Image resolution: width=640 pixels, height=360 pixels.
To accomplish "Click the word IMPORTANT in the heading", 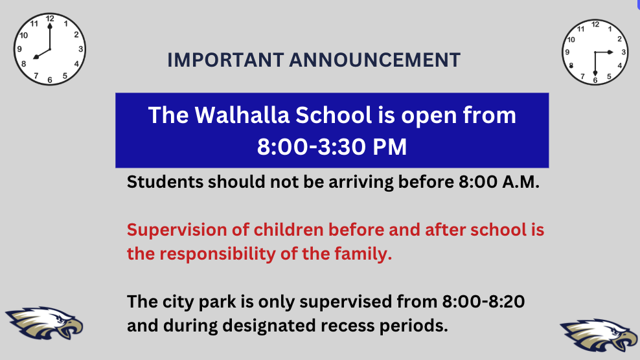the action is pyautogui.click(x=225, y=60).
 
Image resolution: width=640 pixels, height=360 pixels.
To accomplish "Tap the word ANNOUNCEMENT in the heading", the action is pyautogui.click(x=374, y=60).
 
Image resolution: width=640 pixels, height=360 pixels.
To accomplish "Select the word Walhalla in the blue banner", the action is pyautogui.click(x=242, y=115).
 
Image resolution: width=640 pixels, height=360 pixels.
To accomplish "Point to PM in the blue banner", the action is pyautogui.click(x=390, y=147).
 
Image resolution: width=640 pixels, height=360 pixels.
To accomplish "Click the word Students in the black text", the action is pyautogui.click(x=165, y=182).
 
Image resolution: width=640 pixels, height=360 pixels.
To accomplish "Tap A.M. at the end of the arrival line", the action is pyautogui.click(x=521, y=182).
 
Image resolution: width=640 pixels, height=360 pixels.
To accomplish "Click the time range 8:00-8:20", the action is pyautogui.click(x=483, y=302).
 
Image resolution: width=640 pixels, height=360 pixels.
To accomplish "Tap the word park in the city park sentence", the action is pyautogui.click(x=217, y=302).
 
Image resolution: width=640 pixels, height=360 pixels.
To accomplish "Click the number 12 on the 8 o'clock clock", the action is pyautogui.click(x=50, y=19).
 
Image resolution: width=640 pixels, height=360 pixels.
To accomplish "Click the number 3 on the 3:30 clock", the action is pyautogui.click(x=623, y=52).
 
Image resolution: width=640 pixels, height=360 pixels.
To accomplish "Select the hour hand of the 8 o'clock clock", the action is pyautogui.click(x=42, y=54).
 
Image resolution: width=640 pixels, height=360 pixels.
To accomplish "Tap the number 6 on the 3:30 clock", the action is pyautogui.click(x=595, y=80).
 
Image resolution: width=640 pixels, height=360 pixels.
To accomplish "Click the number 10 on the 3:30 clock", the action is pyautogui.click(x=571, y=39).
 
